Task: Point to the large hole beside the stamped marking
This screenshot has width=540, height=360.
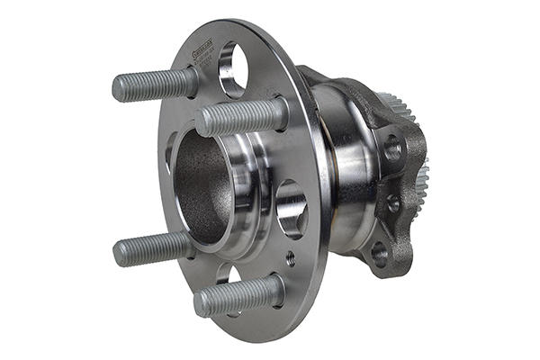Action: click(x=232, y=67)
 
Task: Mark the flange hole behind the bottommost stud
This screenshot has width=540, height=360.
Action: click(x=226, y=274)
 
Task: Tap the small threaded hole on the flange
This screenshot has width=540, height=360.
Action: click(x=290, y=257)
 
